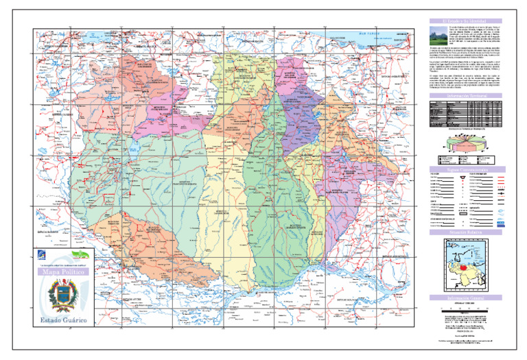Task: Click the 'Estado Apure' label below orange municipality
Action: pyautogui.click(x=134, y=299)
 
